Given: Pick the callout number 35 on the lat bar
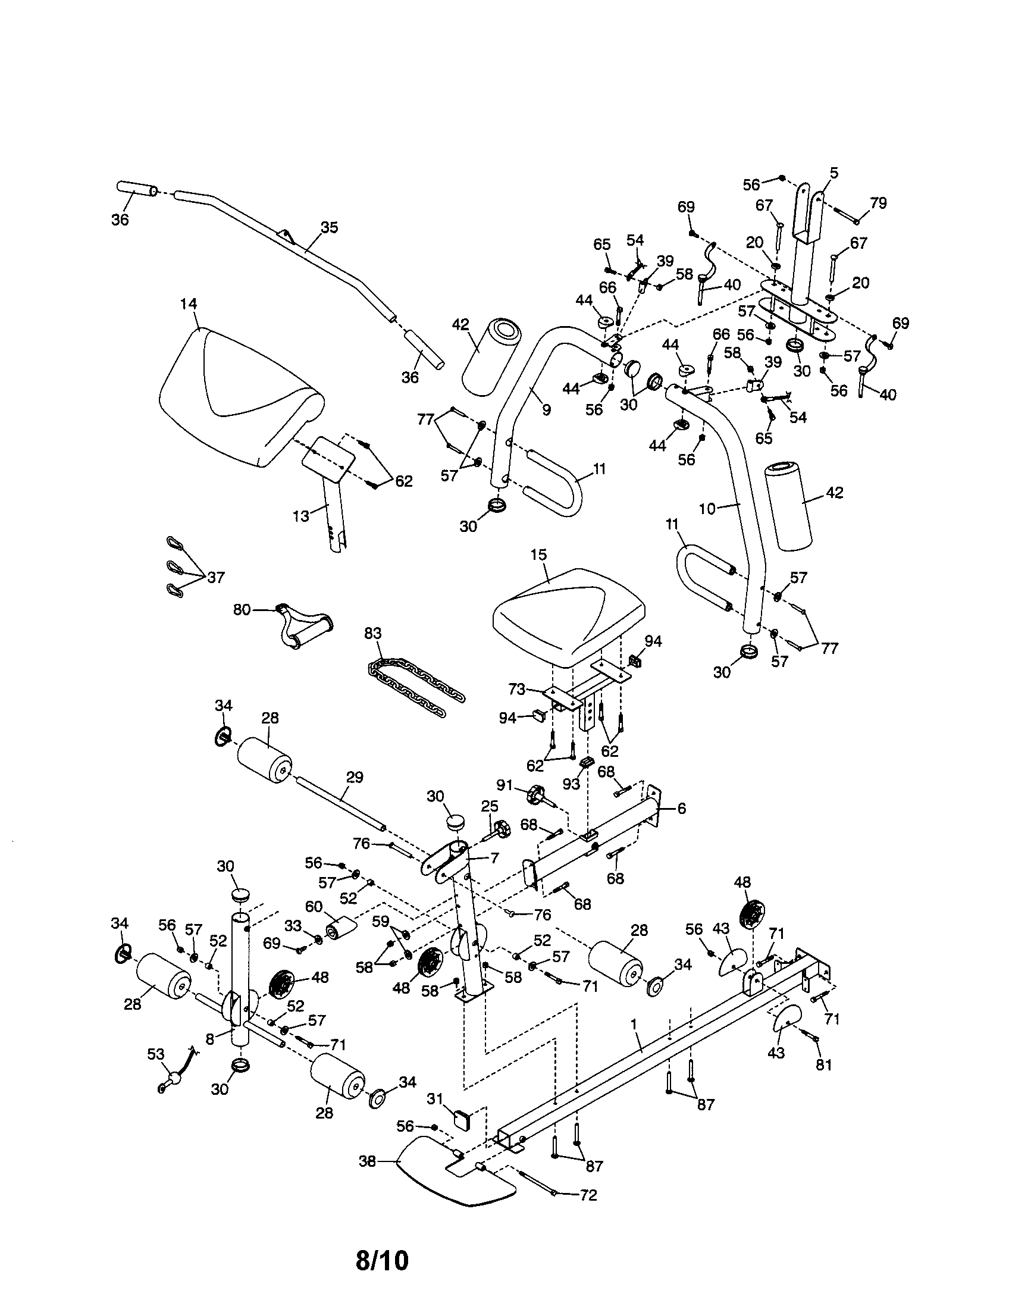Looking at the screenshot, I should point(329,228).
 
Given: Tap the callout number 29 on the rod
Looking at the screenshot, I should point(355,778).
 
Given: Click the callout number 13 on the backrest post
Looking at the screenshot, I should point(301,515).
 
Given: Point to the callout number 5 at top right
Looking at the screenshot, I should point(833,174).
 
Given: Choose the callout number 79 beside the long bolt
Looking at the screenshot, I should point(878,203).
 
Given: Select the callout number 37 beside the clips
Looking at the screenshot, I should point(215,578).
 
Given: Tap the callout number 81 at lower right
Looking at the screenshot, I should point(824,1065).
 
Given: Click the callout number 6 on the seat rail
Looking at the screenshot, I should point(681,809).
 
